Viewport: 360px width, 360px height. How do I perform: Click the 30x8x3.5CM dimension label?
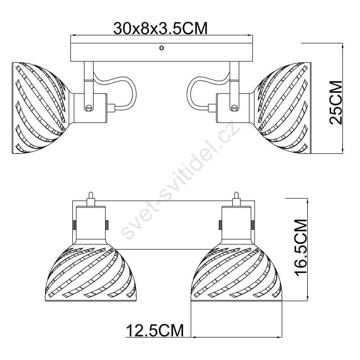(x=160, y=28)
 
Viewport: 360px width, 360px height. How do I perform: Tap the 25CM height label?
(x=336, y=103)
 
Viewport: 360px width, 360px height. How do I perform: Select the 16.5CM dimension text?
(x=301, y=247)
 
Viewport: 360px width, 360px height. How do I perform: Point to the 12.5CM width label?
(x=155, y=330)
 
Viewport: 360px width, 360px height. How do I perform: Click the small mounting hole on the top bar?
(x=162, y=48)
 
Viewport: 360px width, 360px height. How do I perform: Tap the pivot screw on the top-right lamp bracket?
(x=234, y=107)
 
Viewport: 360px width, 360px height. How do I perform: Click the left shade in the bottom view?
(x=91, y=273)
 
